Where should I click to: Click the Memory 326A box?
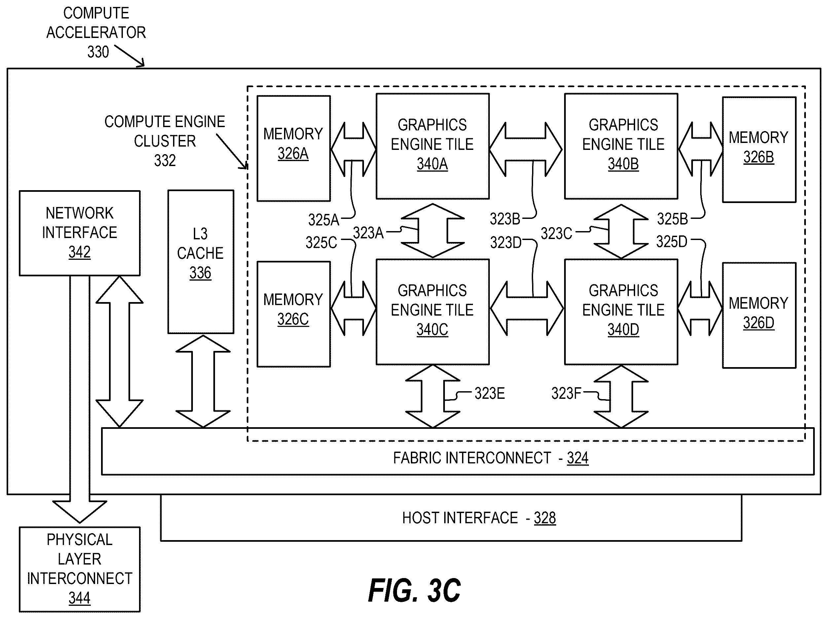[294, 148]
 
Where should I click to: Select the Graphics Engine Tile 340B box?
[621, 146]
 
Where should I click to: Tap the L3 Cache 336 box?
[200, 261]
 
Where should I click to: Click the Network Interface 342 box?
[80, 233]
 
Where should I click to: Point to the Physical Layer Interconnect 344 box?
[80, 569]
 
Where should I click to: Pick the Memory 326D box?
[759, 315]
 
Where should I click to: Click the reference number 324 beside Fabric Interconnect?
[578, 458]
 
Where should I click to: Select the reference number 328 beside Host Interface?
[545, 518]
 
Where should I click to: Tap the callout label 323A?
[368, 233]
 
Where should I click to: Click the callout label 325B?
[672, 219]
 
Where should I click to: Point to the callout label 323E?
[489, 393]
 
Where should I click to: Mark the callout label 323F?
[566, 393]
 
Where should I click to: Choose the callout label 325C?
[321, 243]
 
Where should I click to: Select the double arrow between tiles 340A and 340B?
[526, 149]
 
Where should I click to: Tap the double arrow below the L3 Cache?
[203, 381]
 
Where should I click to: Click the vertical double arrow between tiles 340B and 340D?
[621, 231]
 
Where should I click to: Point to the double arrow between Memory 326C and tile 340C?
[353, 308]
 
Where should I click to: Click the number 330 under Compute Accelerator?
[98, 52]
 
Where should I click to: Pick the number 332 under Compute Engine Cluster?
[165, 160]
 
